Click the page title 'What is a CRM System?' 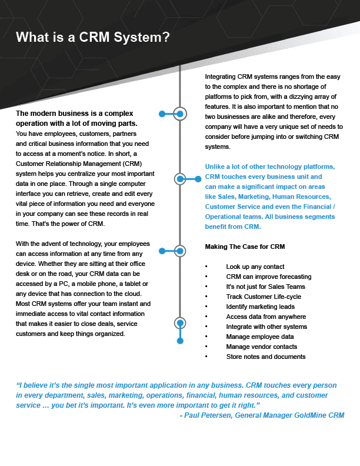point(93,38)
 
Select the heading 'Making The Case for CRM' point(245,246)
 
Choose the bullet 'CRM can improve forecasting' point(268,277)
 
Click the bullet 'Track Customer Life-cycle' point(264,297)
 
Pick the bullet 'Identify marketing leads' point(260,307)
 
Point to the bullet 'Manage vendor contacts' point(261,347)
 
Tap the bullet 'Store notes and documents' point(265,357)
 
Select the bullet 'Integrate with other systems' point(266,327)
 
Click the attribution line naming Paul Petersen point(261,415)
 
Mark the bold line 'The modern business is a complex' point(75,114)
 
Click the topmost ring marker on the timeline point(180,113)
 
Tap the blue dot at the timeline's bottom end point(180,341)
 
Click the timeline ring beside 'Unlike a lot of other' point(180,178)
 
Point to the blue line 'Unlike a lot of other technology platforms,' point(269,167)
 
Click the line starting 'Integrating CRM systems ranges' point(273,77)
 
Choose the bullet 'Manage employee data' point(259,337)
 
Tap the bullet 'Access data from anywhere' point(266,317)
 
